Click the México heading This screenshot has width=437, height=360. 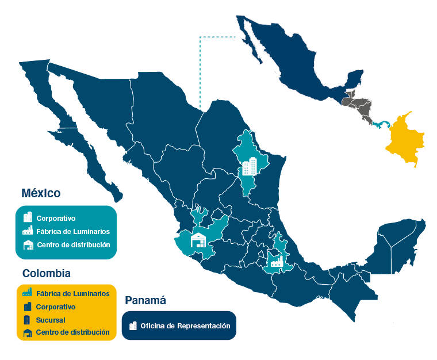tap(41, 193)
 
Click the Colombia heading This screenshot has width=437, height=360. tap(47, 273)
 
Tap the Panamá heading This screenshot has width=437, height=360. tap(145, 300)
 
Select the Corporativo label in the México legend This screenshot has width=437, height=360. tap(56, 219)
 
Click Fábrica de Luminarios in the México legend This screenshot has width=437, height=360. tap(73, 232)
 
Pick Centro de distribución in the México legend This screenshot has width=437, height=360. tap(73, 245)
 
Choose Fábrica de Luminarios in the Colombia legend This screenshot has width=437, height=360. tap(72, 293)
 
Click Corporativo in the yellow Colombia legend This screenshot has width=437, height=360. tap(55, 307)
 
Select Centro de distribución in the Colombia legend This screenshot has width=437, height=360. tap(72, 332)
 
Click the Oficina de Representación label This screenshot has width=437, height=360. tap(185, 326)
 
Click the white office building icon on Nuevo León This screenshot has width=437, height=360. tap(249, 167)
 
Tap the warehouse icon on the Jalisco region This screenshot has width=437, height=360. tap(198, 240)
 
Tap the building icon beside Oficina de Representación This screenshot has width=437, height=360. tap(133, 326)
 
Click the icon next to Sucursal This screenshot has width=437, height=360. tap(27, 320)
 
